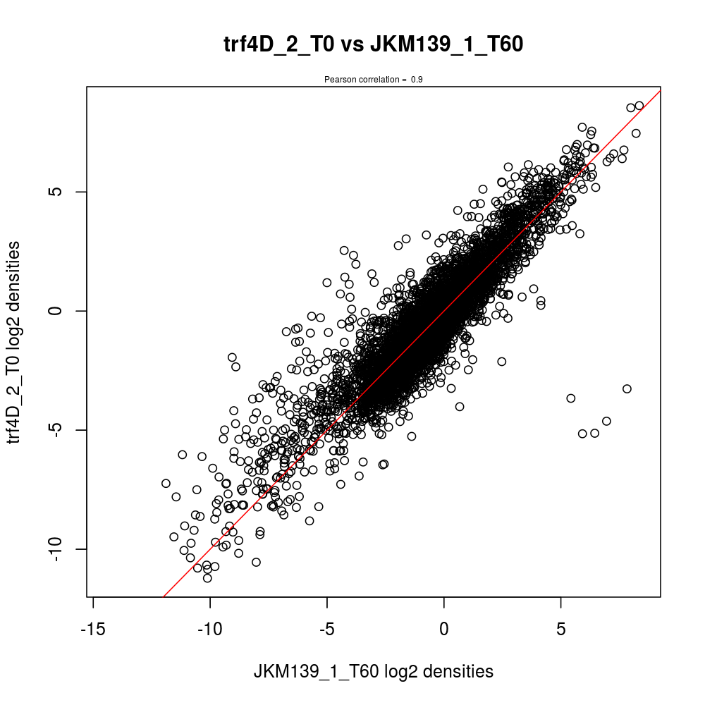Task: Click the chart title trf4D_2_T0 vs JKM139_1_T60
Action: click(x=373, y=45)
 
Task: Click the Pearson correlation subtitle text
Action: click(x=373, y=80)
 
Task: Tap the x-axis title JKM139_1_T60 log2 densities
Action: click(x=373, y=672)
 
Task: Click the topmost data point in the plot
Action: click(x=639, y=106)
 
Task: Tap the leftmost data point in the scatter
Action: click(x=166, y=484)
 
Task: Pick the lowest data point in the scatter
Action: click(x=207, y=578)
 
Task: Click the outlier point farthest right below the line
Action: click(x=627, y=388)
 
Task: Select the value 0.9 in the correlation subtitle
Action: click(x=417, y=80)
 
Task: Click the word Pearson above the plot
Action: click(x=338, y=80)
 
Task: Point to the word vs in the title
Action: click(x=352, y=45)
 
